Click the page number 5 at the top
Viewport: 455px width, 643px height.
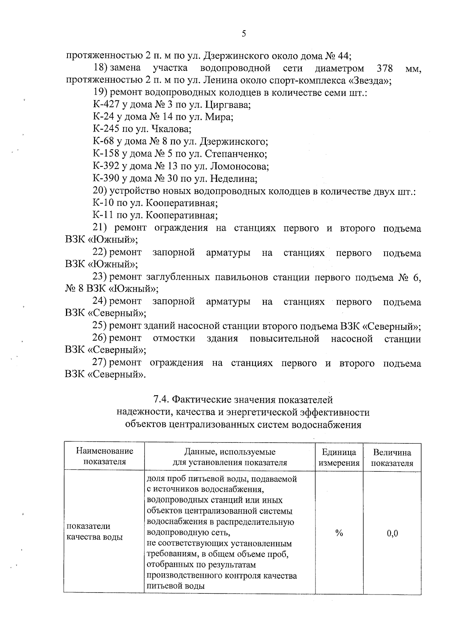point(244,34)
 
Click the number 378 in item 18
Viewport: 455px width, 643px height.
point(385,69)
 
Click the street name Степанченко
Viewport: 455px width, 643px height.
point(236,154)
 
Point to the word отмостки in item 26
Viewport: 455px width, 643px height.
point(174,338)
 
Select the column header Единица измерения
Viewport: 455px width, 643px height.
point(339,457)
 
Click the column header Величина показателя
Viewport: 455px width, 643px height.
point(392,457)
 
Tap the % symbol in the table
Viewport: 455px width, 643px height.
point(339,533)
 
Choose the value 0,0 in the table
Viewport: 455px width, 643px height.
point(392,533)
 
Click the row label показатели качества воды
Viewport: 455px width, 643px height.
point(94,531)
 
